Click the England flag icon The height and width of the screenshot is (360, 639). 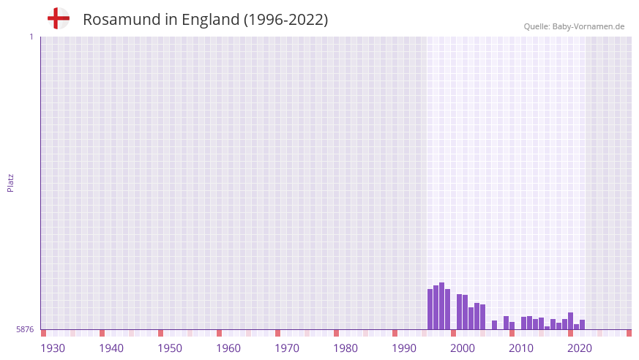tap(58, 18)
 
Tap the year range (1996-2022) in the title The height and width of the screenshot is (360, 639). tap(285, 20)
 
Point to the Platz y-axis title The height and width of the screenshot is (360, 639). tap(10, 182)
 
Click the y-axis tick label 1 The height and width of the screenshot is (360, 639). tap(31, 37)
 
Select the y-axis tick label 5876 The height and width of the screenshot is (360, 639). tap(25, 329)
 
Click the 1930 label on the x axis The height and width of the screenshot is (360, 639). tap(53, 348)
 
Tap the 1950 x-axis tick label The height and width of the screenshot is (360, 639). tap(170, 348)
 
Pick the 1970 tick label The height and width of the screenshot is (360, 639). tap(287, 348)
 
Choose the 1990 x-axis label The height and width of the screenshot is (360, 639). tap(404, 348)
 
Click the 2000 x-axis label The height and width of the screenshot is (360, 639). tap(463, 348)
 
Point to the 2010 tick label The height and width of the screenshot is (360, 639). tap(521, 348)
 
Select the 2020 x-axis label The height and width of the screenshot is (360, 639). tap(580, 348)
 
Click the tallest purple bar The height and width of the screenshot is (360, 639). tap(441, 306)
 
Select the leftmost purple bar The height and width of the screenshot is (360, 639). tap(430, 309)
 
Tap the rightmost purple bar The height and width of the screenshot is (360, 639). tap(582, 324)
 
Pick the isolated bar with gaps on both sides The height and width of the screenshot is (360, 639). tap(494, 325)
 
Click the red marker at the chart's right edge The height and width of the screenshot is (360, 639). tap(629, 333)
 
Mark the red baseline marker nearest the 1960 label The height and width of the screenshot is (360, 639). tap(219, 333)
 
